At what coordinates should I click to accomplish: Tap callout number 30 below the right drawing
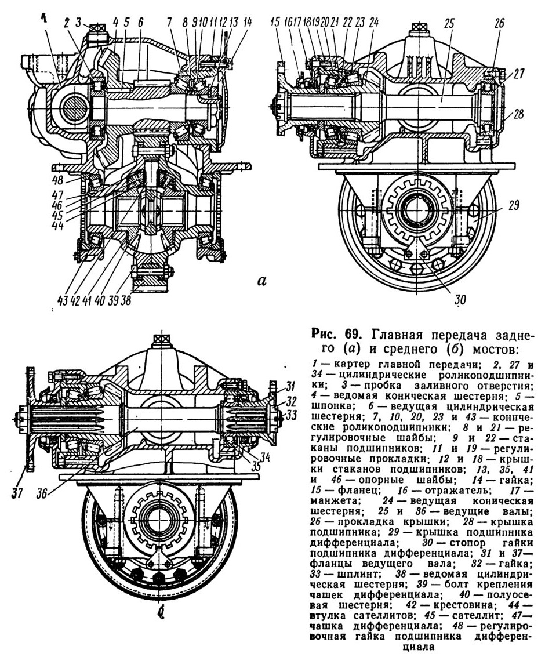460,299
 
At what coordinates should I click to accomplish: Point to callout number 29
514,205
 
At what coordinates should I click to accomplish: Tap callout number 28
518,114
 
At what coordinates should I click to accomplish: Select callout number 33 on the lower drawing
290,414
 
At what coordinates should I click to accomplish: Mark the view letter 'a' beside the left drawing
262,281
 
